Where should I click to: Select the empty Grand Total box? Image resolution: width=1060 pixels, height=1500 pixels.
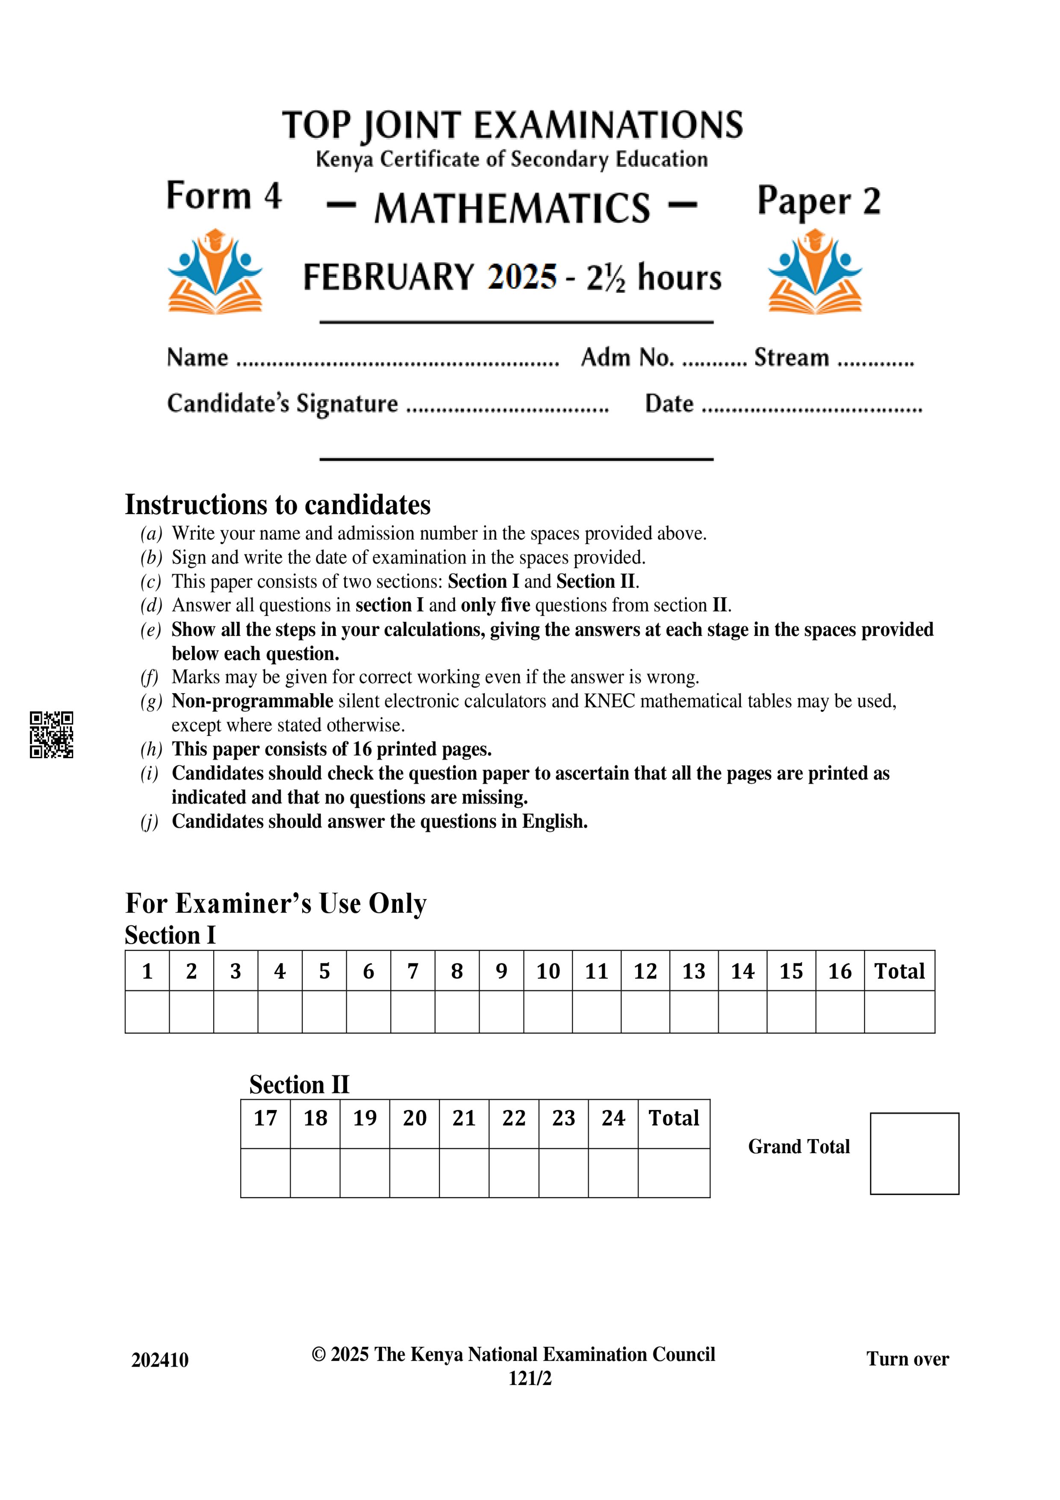[x=914, y=1153]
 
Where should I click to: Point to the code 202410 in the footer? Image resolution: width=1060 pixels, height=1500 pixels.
[x=159, y=1360]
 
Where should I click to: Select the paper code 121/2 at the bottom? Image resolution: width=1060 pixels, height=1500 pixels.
[x=530, y=1378]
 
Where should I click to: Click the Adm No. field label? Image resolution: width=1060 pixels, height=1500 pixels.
[x=627, y=357]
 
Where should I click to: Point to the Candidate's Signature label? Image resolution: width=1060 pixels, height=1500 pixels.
[x=282, y=403]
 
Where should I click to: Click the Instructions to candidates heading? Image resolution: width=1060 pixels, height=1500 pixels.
[x=277, y=505]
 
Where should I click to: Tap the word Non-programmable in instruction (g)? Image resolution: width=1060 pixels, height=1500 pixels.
[x=252, y=700]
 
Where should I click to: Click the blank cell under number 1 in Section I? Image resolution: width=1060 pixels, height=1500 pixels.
[x=147, y=1011]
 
